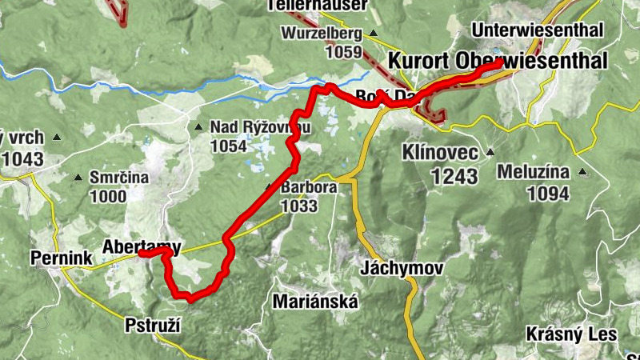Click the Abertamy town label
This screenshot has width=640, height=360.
tap(142, 246)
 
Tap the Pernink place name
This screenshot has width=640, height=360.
tap(62, 258)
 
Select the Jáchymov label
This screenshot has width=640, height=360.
tap(402, 268)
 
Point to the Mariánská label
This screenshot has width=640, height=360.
tap(315, 302)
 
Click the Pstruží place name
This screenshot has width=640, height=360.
tap(154, 326)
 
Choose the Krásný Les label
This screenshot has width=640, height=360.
tap(571, 334)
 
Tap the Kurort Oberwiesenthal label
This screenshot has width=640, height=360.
tap(498, 62)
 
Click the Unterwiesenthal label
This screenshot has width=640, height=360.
tap(538, 30)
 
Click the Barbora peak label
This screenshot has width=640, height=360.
tap(308, 188)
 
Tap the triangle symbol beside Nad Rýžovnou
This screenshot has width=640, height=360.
tap(198, 127)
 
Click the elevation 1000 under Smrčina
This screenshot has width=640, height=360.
tap(107, 197)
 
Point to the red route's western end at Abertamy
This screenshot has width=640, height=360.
tap(141, 254)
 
